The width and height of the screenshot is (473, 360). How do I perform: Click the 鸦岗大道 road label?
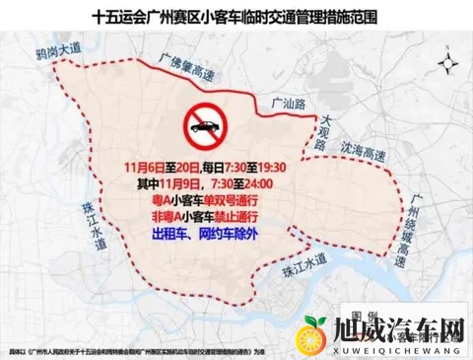pos(54,50)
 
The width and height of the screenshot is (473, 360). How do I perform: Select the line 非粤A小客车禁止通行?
pos(208,218)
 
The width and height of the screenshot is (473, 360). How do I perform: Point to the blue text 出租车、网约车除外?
pos(208,237)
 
